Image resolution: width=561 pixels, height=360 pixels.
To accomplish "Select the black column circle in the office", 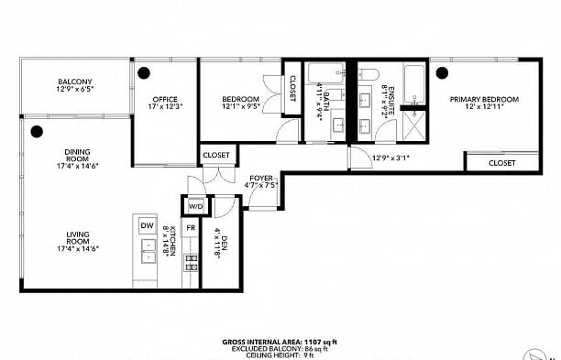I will (144, 72).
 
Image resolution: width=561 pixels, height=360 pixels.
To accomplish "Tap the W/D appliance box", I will (194, 206).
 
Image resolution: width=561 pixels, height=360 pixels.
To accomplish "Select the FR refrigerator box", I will (191, 226).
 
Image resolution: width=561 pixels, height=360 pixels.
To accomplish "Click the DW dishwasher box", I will (147, 225).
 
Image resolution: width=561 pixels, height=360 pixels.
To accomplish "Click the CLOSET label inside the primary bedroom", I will (501, 163).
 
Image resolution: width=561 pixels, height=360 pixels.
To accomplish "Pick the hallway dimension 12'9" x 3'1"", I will (390, 157).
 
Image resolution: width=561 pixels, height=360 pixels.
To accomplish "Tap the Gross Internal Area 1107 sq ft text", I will (280, 342).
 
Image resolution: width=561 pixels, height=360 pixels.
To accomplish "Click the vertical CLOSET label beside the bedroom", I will (292, 88).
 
